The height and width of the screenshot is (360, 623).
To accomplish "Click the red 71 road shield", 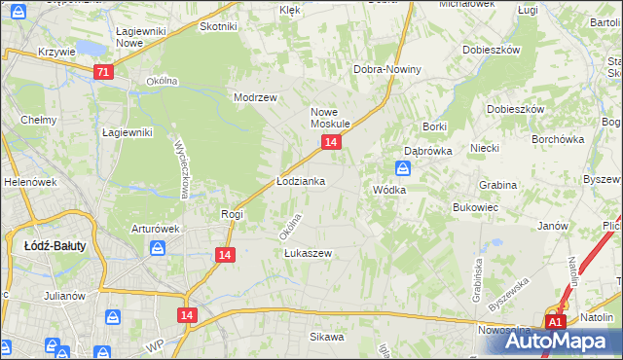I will point(104,72).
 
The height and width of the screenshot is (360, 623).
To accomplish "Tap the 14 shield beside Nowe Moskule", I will point(331,143).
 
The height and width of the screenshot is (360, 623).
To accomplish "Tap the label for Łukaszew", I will point(308,253).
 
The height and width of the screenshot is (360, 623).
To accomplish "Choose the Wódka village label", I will point(388,190).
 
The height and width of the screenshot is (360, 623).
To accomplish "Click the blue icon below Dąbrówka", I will point(412,168).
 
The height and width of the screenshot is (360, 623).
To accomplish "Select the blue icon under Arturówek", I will point(158,249).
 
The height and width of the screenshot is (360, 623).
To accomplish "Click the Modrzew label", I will point(255,98).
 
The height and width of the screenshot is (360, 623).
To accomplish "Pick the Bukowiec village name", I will point(475,207).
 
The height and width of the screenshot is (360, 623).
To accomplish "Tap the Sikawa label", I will point(327,338).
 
